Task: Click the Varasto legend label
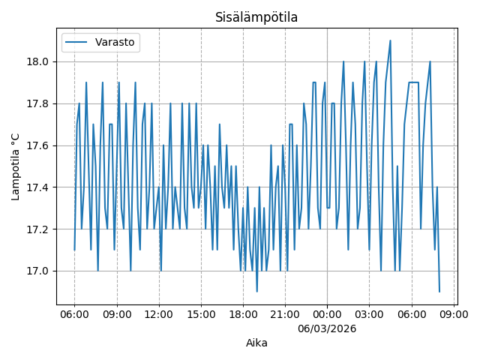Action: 115,43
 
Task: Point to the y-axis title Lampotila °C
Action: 16,166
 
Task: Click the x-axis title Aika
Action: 256,343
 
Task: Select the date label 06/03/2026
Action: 327,328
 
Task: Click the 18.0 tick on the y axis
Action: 38,61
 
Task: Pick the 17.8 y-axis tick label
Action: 38,103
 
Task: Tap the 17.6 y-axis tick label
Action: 38,145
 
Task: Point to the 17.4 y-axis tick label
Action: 38,187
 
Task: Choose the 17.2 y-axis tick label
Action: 38,229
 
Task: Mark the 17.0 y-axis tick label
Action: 38,271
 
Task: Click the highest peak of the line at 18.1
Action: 390,40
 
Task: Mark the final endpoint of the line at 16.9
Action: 439,292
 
